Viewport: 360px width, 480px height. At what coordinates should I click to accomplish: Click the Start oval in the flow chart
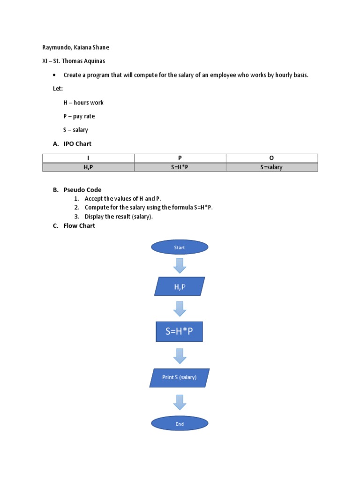point(180,247)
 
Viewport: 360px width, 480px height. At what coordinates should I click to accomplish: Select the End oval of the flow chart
point(180,424)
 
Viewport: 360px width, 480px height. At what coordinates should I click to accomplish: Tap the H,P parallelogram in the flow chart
point(180,286)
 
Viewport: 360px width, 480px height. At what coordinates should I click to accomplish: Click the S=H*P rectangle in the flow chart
point(180,331)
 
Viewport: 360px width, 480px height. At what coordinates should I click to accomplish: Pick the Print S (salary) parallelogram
point(180,377)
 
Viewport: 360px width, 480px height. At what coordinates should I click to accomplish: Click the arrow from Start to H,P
point(180,265)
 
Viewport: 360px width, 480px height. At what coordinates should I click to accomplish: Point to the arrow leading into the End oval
point(180,402)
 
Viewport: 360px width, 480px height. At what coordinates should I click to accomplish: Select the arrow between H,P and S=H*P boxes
point(180,308)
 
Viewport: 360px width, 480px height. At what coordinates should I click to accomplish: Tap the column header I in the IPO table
point(88,158)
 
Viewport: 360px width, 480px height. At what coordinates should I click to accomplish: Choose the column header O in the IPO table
point(271,158)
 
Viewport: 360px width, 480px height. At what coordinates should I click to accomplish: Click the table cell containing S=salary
point(271,167)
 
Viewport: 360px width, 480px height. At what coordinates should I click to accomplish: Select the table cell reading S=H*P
point(180,167)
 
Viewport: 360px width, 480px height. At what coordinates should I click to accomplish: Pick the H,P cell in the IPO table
point(88,167)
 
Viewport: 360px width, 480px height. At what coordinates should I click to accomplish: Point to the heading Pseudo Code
point(82,190)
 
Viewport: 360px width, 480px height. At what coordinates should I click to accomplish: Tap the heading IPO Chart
point(77,144)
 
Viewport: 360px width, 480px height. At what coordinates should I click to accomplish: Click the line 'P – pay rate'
point(79,116)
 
